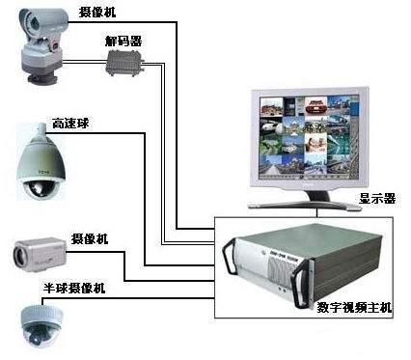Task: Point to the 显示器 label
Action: click(377, 199)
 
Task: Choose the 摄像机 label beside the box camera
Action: click(90, 238)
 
